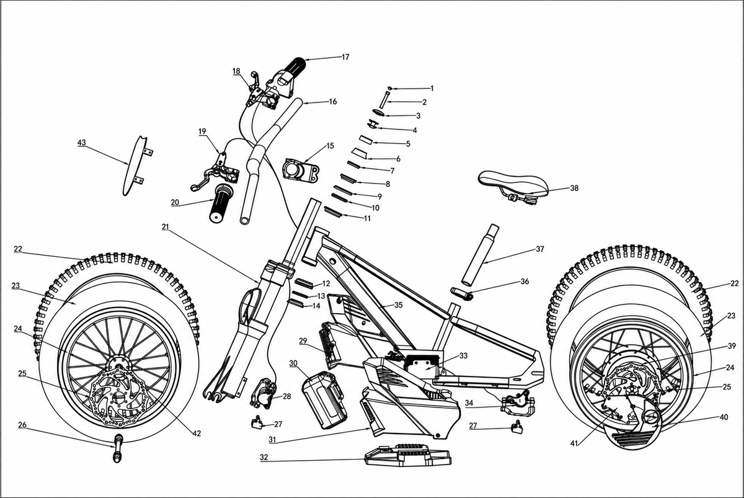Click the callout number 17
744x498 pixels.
click(345, 57)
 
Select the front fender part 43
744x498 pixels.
click(136, 166)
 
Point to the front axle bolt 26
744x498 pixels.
click(118, 448)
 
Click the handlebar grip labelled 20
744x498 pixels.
click(221, 203)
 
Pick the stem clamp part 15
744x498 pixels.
click(301, 169)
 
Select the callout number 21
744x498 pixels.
click(166, 227)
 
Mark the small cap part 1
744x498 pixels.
click(390, 88)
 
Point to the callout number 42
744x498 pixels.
click(197, 434)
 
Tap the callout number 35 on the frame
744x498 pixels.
click(398, 305)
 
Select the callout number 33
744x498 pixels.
click(463, 355)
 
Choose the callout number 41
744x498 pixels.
click(575, 443)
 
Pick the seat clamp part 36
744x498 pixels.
click(462, 293)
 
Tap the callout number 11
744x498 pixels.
click(367, 218)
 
